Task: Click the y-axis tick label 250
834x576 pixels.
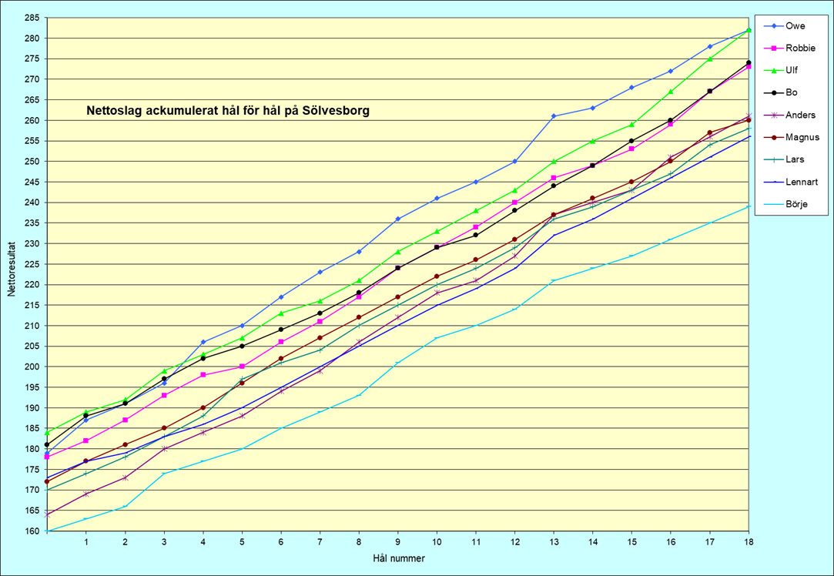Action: (x=32, y=162)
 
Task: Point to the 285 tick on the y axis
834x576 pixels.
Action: (x=32, y=18)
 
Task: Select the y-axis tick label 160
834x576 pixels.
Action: (x=32, y=531)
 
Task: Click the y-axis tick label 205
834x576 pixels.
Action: (x=32, y=347)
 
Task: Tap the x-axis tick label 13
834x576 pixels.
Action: (x=554, y=542)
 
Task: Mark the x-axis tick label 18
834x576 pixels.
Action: (x=749, y=542)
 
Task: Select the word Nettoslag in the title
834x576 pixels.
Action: (x=112, y=111)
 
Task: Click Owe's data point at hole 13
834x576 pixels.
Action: (x=554, y=116)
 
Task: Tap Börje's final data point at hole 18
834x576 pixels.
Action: (x=749, y=206)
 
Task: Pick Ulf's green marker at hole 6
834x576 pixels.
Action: (x=281, y=313)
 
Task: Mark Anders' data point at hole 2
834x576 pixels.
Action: (x=126, y=477)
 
